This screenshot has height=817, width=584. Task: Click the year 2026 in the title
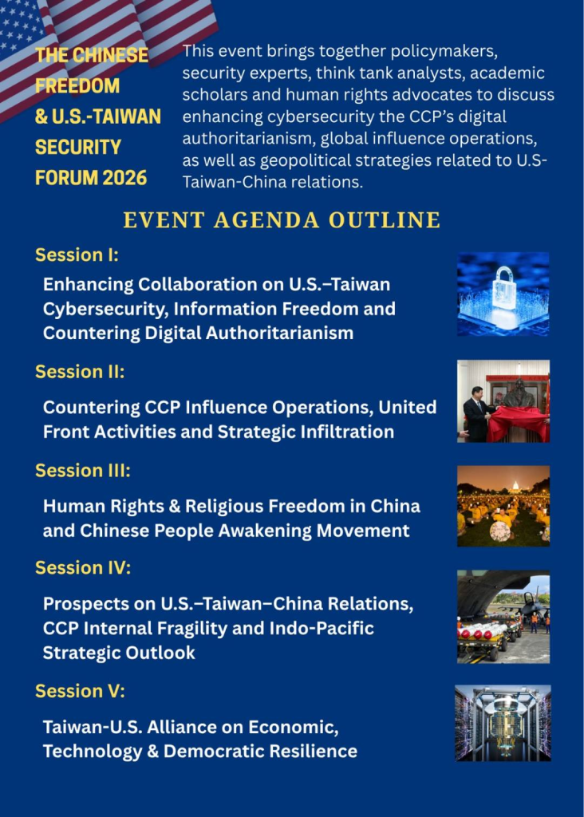click(125, 178)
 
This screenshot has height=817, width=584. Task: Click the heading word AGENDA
click(266, 220)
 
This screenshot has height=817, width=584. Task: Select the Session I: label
click(77, 255)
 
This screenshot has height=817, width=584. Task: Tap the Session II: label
click(80, 372)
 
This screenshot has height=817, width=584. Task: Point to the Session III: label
click(83, 470)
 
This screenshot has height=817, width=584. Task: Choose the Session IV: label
click(83, 567)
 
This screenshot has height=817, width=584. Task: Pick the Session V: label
click(81, 691)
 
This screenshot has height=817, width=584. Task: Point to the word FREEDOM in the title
click(77, 85)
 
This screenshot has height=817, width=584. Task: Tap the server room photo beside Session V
click(503, 723)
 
